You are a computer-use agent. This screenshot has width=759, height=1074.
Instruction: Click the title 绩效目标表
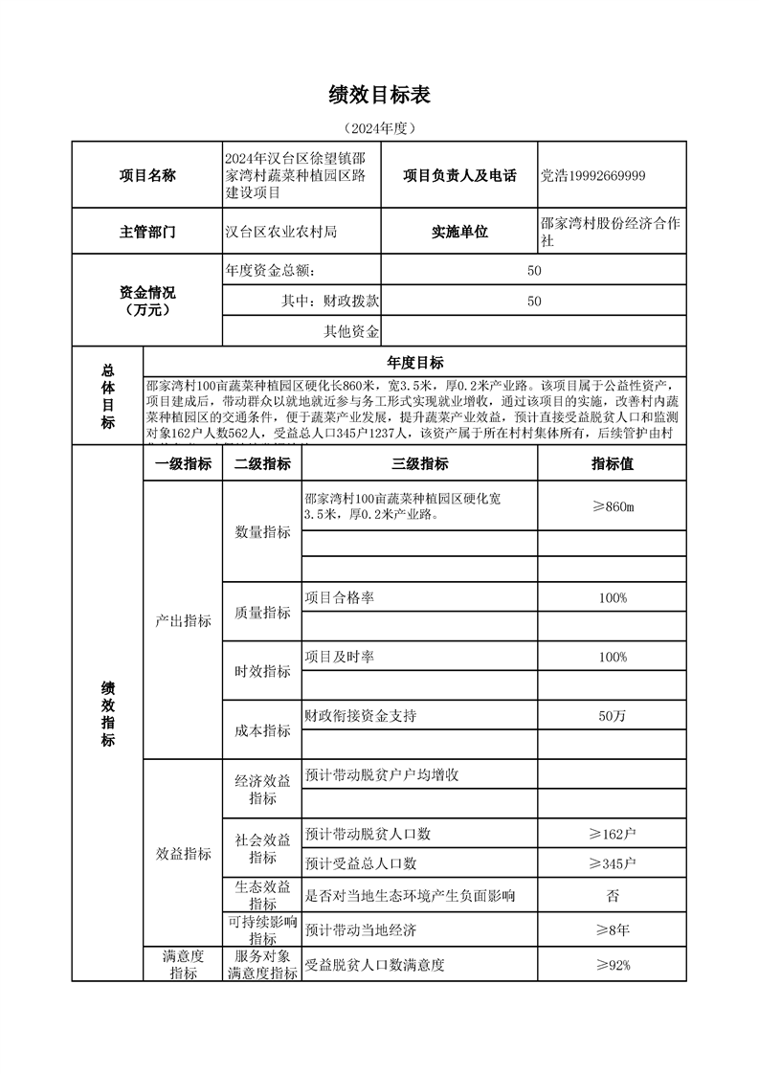coord(379,94)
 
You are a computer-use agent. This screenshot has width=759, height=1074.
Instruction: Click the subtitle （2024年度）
coord(379,127)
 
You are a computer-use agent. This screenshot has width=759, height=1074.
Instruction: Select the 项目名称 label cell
coord(146,175)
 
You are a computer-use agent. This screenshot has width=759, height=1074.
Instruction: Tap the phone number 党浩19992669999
coord(592,175)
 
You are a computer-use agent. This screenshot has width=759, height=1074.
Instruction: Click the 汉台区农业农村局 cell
coord(280,232)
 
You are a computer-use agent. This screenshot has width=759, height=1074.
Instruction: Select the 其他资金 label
coord(352,332)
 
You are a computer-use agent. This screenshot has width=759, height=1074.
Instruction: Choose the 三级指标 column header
coord(419,464)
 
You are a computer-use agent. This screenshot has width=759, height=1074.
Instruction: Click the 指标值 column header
coord(612,464)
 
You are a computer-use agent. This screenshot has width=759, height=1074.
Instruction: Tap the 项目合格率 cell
coord(340,597)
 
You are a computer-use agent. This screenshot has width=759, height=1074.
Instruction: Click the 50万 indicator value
coord(612,715)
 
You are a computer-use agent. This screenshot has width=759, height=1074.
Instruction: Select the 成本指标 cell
coord(262,730)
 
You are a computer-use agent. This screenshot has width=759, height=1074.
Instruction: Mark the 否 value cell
coord(612,896)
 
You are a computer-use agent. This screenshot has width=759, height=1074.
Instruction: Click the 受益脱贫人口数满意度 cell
coord(374,965)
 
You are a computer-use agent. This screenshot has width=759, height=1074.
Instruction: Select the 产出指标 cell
coord(183,620)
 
